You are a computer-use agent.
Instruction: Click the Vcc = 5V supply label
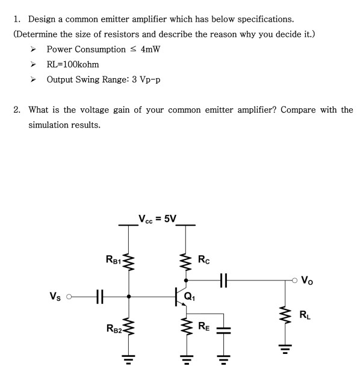[x=157, y=218]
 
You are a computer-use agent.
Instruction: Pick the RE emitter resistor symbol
[x=185, y=329]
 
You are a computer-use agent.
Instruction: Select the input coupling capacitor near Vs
[x=100, y=296]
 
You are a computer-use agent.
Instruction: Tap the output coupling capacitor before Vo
[x=224, y=280]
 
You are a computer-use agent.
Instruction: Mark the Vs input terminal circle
[x=69, y=296]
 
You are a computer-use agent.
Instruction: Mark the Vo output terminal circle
[x=294, y=280]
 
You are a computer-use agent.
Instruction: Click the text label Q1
[x=190, y=296]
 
